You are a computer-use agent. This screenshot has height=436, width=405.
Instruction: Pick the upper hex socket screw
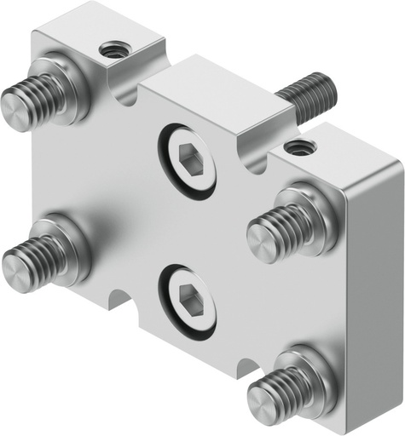pos(188,158)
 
